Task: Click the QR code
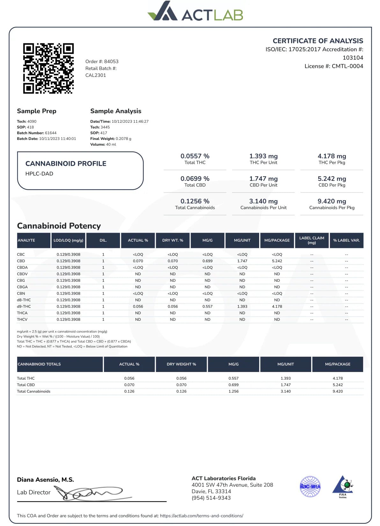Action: pos(48,69)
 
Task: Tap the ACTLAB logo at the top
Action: pos(195,12)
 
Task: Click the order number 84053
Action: pos(111,62)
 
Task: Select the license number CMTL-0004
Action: pos(347,66)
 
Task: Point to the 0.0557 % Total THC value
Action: pos(195,156)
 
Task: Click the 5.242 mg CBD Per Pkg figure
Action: pos(332,179)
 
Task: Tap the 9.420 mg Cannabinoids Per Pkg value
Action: pos(332,201)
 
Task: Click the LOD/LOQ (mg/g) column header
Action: pos(68,240)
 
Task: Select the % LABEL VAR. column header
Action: pos(346,240)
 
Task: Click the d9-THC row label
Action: pos(24,306)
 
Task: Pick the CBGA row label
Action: pos(22,287)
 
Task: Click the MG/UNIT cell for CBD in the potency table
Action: pos(242,261)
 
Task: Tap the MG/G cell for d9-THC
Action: pos(207,306)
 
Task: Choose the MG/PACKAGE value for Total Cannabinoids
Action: pos(337,391)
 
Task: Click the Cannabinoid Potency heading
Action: pos(59,226)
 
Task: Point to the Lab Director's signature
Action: pos(92,493)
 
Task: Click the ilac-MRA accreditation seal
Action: pos(310,486)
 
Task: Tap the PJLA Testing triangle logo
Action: pos(343,486)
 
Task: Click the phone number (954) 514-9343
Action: pos(211,498)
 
